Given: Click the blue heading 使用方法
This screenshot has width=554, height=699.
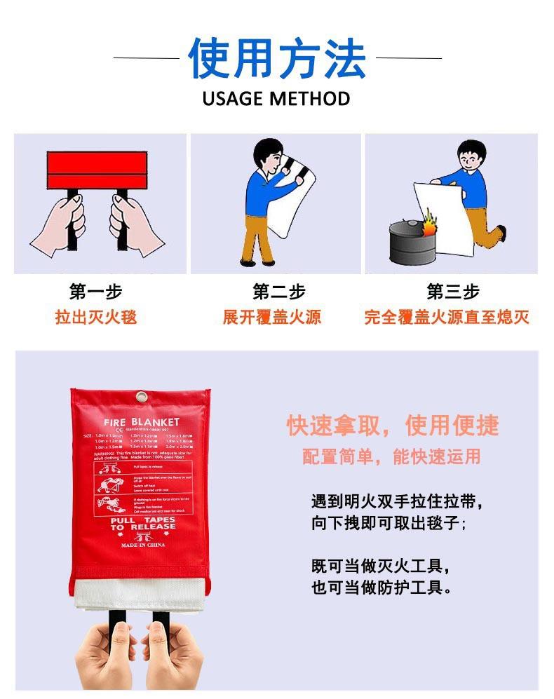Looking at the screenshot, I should [277, 59].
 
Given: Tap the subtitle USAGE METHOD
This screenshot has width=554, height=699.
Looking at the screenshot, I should [276, 99].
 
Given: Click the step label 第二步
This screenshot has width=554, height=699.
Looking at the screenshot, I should [279, 292].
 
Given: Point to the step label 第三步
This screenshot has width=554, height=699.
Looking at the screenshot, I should [453, 292].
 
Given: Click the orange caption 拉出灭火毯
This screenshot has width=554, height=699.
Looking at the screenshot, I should [96, 317].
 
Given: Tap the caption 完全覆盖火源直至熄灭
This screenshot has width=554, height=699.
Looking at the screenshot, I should [447, 317].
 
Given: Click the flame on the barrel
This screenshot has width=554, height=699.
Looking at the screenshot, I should [428, 226].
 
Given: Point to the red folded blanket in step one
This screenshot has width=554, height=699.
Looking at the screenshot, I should [97, 169].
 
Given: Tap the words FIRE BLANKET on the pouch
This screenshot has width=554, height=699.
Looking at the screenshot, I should [142, 422].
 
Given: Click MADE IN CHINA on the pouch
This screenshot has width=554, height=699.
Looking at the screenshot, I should [142, 545].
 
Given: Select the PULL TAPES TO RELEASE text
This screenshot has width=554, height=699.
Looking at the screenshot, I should [142, 524].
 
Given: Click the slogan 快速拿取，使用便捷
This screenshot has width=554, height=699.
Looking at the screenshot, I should [392, 425].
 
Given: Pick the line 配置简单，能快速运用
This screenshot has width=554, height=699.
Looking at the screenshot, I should [391, 457].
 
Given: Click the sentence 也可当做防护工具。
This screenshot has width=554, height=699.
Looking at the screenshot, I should [382, 588].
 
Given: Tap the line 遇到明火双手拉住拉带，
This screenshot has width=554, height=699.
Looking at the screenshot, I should [398, 502].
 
